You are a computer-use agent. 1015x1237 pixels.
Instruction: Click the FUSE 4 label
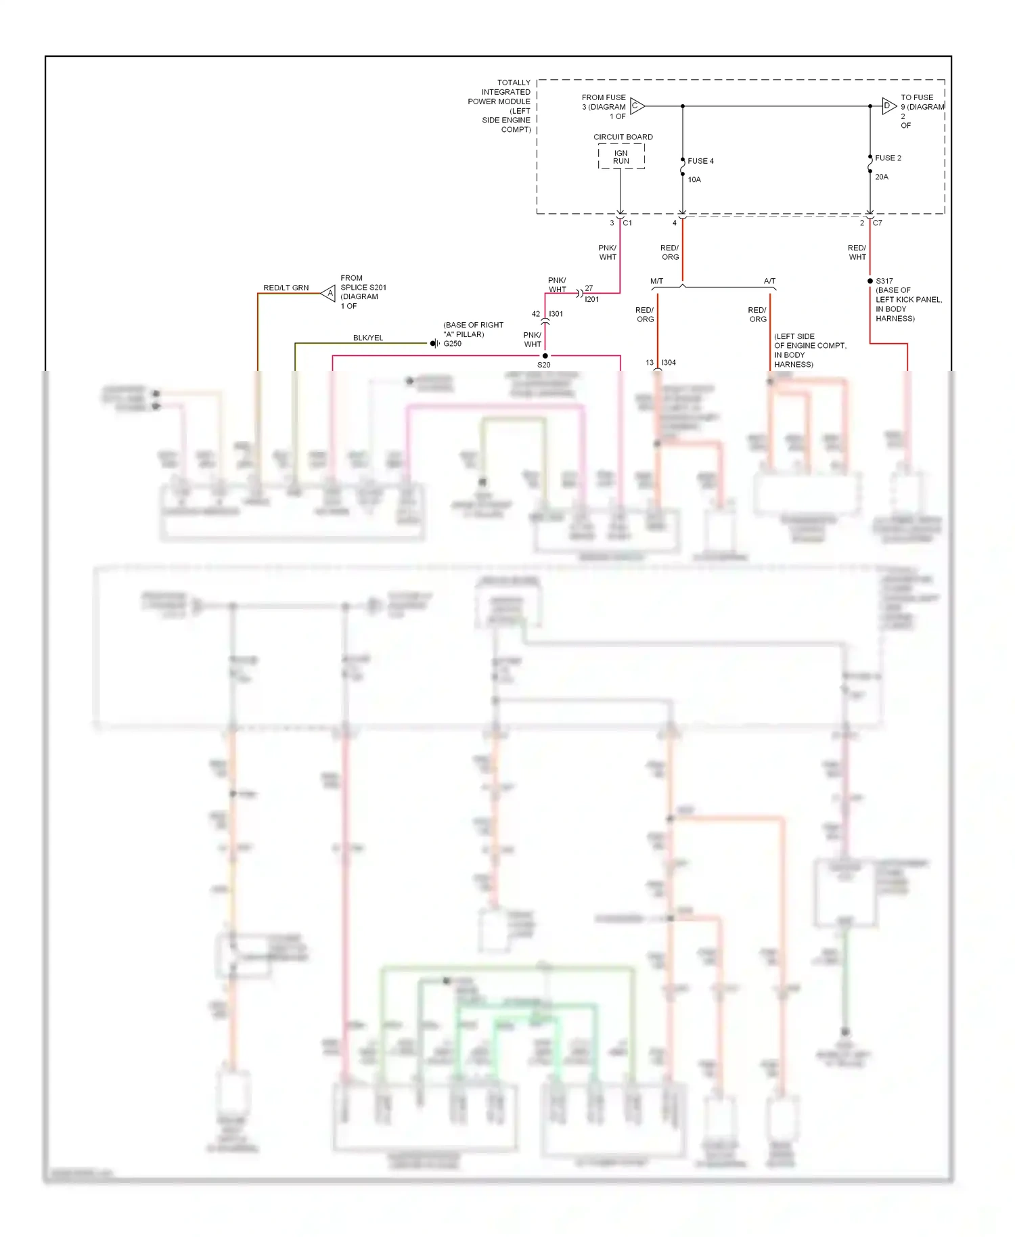pyautogui.click(x=700, y=161)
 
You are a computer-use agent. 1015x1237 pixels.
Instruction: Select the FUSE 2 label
pyautogui.click(x=888, y=158)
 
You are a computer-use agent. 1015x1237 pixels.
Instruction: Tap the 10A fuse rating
pyautogui.click(x=694, y=179)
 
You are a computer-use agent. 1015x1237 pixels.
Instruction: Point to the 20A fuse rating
pyautogui.click(x=882, y=177)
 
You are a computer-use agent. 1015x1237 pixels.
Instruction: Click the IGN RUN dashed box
pyautogui.click(x=621, y=157)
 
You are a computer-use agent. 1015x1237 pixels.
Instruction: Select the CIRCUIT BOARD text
pyautogui.click(x=623, y=137)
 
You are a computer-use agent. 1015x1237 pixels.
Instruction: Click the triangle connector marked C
pyautogui.click(x=637, y=106)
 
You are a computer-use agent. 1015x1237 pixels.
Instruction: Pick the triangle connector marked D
pyautogui.click(x=888, y=106)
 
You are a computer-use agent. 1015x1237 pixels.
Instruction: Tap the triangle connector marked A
pyautogui.click(x=329, y=293)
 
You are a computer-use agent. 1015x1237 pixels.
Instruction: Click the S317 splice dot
pyautogui.click(x=870, y=281)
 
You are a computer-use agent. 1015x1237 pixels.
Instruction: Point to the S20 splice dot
pyautogui.click(x=545, y=356)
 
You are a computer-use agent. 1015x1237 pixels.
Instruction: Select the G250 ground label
pyautogui.click(x=453, y=344)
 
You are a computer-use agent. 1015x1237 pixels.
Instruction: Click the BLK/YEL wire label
pyautogui.click(x=368, y=338)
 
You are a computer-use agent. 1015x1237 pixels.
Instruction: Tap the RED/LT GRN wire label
pyautogui.click(x=286, y=288)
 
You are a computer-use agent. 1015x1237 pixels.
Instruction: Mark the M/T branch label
pyautogui.click(x=656, y=281)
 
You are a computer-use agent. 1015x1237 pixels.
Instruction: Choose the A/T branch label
pyautogui.click(x=769, y=281)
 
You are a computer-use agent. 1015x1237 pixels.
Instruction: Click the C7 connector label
pyautogui.click(x=878, y=223)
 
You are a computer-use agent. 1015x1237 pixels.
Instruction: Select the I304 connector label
pyautogui.click(x=669, y=363)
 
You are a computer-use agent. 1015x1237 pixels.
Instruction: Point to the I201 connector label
pyautogui.click(x=592, y=299)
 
